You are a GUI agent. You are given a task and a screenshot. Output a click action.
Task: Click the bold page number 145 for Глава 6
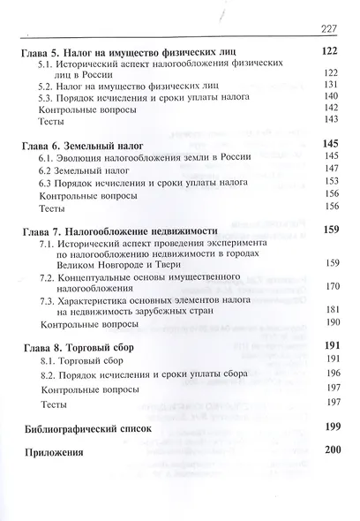[330, 141]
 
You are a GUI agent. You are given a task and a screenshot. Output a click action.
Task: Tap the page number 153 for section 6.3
[331, 180]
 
